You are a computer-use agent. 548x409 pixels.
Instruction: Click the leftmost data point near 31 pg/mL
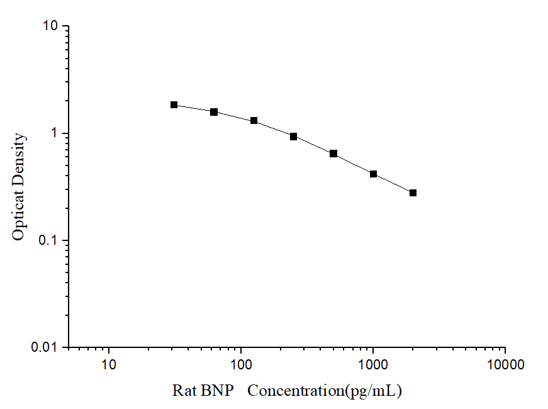174,104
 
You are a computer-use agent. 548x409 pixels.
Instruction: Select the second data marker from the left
214,112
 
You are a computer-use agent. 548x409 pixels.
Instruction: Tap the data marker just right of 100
254,120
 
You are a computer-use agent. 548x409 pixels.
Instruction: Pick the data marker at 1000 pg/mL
373,174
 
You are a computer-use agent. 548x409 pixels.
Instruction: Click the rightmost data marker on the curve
413,193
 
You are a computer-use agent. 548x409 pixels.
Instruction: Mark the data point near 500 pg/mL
333,154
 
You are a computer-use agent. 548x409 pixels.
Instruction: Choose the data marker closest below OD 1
294,136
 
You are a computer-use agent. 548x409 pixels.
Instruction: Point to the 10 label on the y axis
51,26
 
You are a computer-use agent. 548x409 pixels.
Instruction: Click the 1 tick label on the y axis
55,133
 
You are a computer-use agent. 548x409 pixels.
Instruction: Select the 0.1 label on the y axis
48,240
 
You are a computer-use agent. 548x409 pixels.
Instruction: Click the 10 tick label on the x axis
109,364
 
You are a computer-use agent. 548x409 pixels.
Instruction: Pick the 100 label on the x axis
241,364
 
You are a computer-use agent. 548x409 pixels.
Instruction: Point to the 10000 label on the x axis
505,364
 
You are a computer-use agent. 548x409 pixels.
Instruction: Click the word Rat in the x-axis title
185,391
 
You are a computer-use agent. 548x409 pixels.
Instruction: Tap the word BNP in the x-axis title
218,391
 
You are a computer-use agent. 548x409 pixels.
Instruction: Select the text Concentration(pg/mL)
324,391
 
